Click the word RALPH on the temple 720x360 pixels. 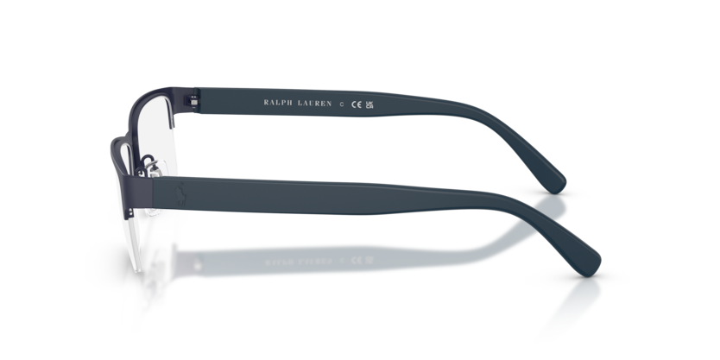[x=278, y=103]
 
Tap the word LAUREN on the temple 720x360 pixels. [x=314, y=104]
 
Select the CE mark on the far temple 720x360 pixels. [x=357, y=104]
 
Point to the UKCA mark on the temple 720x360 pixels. [x=369, y=105]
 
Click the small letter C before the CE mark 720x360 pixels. [x=341, y=104]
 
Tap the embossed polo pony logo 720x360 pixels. [x=181, y=195]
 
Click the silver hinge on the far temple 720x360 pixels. [x=194, y=103]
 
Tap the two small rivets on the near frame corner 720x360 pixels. [x=131, y=212]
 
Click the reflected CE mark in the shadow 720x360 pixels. [x=357, y=260]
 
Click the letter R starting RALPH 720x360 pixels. [x=266, y=103]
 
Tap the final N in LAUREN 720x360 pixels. [x=329, y=104]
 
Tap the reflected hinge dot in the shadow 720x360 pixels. [x=198, y=264]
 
